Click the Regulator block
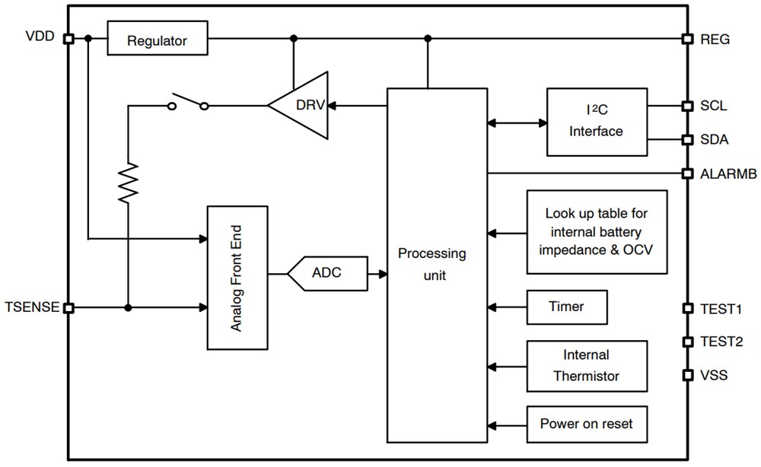pyautogui.click(x=157, y=39)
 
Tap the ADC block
pyautogui.click(x=326, y=273)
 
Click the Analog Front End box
pyautogui.click(x=237, y=277)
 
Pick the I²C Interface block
pyautogui.click(x=596, y=121)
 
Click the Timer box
pyautogui.click(x=566, y=307)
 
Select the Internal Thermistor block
pyautogui.click(x=586, y=366)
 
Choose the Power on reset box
pyautogui.click(x=586, y=424)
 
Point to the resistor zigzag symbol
pyautogui.click(x=128, y=183)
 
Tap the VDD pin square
pyautogui.click(x=68, y=39)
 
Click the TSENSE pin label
pyautogui.click(x=31, y=307)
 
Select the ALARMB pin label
pyautogui.click(x=728, y=174)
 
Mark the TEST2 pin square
pyautogui.click(x=686, y=342)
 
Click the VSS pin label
pyautogui.click(x=714, y=375)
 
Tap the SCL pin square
pyautogui.click(x=686, y=106)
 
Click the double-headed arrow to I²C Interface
pyautogui.click(x=517, y=121)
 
